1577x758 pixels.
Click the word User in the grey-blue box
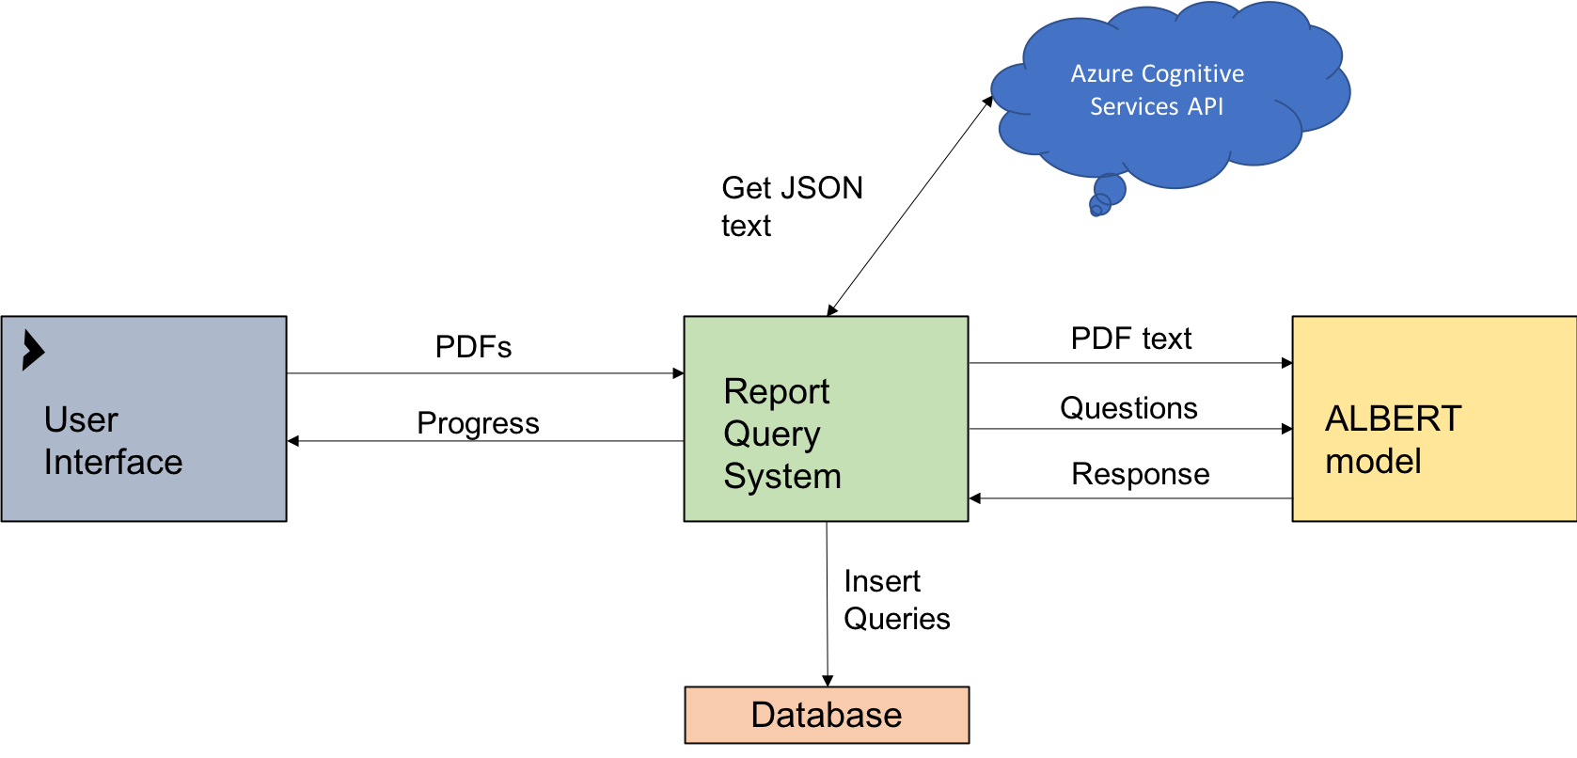point(81,419)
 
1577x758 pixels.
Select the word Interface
point(113,463)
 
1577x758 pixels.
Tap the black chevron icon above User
point(33,351)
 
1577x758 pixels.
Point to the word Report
point(776,391)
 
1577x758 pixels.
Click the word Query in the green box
point(771,434)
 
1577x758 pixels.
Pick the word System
point(781,477)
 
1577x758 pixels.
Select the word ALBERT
point(1393,418)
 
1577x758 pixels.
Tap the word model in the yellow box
point(1373,462)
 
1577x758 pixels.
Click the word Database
point(826,715)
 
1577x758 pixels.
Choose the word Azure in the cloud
point(1101,74)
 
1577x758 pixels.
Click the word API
point(1205,107)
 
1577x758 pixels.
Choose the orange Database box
point(715,715)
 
